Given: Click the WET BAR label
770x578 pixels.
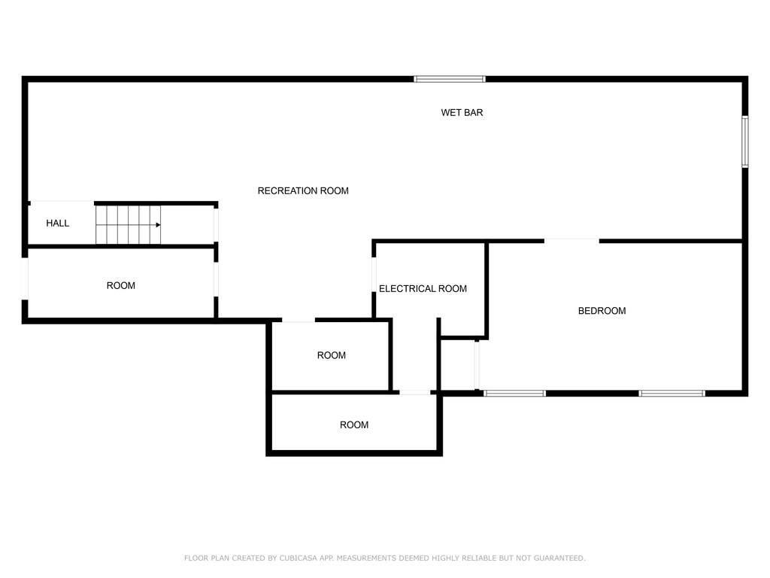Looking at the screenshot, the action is pyautogui.click(x=462, y=113).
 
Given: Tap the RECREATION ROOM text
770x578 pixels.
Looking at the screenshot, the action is pyautogui.click(x=303, y=190).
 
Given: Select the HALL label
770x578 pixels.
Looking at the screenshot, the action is pyautogui.click(x=57, y=223).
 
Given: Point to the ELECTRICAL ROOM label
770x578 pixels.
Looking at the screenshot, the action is pyautogui.click(x=423, y=288).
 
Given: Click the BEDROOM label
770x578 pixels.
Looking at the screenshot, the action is pyautogui.click(x=602, y=311).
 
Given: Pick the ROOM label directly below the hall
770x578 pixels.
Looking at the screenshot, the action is pyautogui.click(x=121, y=285).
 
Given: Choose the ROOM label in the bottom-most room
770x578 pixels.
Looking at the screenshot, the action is pyautogui.click(x=354, y=424).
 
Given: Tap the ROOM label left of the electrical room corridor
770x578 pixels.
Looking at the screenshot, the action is pyautogui.click(x=332, y=355).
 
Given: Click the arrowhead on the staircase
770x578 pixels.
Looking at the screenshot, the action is pyautogui.click(x=158, y=225).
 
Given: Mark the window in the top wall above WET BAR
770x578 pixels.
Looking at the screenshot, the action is pyautogui.click(x=450, y=79).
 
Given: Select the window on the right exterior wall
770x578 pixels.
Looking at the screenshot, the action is pyautogui.click(x=745, y=141).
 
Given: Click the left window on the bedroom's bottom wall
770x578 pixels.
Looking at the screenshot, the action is pyautogui.click(x=514, y=393).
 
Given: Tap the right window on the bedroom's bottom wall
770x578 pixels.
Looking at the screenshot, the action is pyautogui.click(x=671, y=393).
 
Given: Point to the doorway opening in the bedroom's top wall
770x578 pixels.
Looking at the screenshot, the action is pyautogui.click(x=571, y=241).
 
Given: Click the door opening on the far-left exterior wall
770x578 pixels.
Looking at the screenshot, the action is pyautogui.click(x=25, y=278).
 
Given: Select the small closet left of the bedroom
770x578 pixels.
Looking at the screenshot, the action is pyautogui.click(x=458, y=365).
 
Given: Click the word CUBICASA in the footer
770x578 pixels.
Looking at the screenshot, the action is pyautogui.click(x=298, y=558).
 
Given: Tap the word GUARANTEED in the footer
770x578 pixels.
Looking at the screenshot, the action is pyautogui.click(x=559, y=558).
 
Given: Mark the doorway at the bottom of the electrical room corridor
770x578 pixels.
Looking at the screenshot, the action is pyautogui.click(x=414, y=392).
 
